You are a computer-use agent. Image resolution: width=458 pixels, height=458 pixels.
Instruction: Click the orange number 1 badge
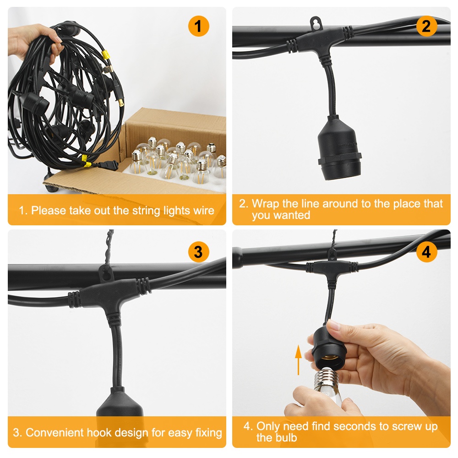198,27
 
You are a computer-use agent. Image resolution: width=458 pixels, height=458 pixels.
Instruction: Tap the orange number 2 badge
426,27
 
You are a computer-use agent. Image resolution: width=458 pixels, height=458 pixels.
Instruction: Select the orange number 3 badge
198,252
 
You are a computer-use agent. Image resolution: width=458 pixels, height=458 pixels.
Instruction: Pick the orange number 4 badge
426,252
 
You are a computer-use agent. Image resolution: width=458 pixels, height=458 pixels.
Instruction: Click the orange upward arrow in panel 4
298,360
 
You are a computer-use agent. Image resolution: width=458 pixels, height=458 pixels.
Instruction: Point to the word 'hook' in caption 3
120,432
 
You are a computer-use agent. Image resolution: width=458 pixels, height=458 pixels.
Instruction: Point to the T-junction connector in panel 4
333,266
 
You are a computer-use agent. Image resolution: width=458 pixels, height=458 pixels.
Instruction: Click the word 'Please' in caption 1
49,211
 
